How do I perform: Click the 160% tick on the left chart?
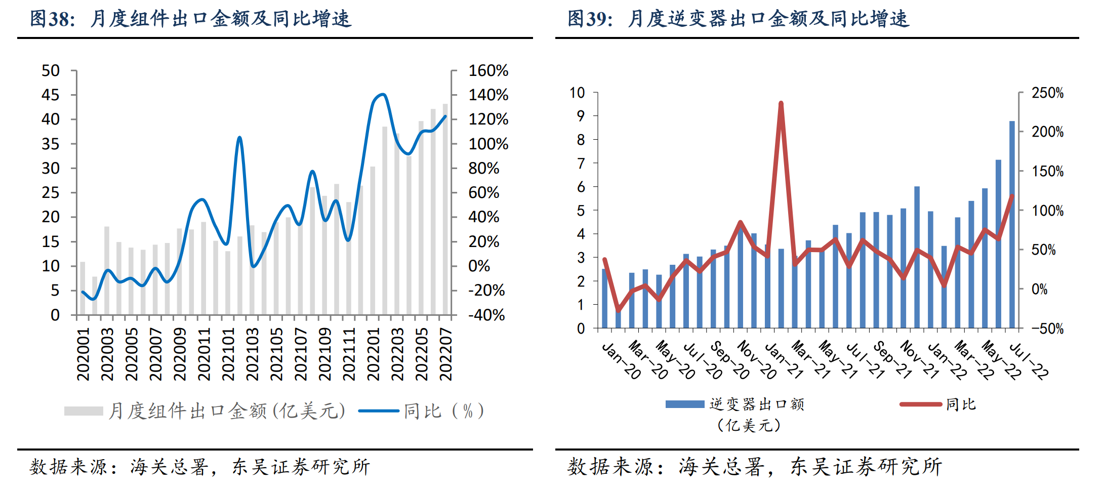[488, 70]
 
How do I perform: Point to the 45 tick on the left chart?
[51, 95]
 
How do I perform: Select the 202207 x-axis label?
[445, 354]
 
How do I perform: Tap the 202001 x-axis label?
[83, 354]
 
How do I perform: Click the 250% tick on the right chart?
[1047, 93]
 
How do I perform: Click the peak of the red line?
[781, 103]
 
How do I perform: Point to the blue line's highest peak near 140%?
[382, 94]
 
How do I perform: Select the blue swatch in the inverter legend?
[684, 404]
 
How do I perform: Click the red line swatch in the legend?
[920, 404]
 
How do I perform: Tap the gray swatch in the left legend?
[84, 411]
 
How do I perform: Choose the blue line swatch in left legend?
[378, 411]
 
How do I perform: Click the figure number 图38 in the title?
[52, 19]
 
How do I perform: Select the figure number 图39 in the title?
[590, 19]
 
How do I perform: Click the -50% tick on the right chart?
[1047, 329]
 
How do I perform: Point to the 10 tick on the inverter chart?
[577, 93]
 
